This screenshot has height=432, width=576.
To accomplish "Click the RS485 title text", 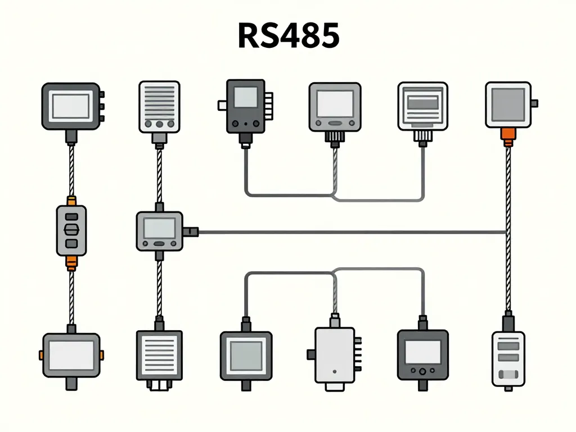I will [288, 37].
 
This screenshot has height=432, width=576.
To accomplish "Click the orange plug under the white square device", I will [507, 134].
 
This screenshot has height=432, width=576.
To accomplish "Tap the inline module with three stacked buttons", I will [71, 230].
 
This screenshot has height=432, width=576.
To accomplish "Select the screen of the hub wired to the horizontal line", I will [159, 228].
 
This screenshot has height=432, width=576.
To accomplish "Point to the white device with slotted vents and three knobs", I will [159, 107].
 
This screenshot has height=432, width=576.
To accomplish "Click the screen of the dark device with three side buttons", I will [70, 105].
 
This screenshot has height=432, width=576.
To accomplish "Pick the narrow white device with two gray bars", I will [508, 358].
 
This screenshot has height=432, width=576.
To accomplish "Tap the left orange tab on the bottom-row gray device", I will [41, 355].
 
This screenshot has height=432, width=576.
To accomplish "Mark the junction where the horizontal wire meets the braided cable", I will [507, 232].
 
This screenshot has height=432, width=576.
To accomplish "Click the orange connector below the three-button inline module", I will [71, 261].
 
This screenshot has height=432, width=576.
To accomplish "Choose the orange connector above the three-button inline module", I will [71, 201].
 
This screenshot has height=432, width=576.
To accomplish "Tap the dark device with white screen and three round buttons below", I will [422, 355].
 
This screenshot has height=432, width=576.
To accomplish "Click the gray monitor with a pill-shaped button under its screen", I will [335, 107].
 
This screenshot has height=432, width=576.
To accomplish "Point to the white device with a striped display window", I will [422, 106].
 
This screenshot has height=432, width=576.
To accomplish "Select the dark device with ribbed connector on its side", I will [245, 106].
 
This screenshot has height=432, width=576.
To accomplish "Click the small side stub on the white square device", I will [534, 103].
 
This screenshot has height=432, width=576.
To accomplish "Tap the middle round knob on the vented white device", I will [159, 123].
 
